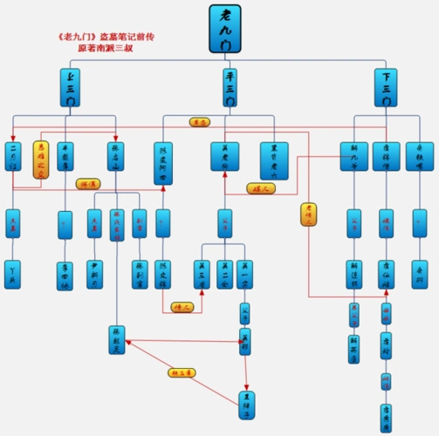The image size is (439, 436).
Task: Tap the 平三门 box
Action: click(229, 90)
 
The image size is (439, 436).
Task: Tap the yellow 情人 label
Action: click(182, 307)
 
